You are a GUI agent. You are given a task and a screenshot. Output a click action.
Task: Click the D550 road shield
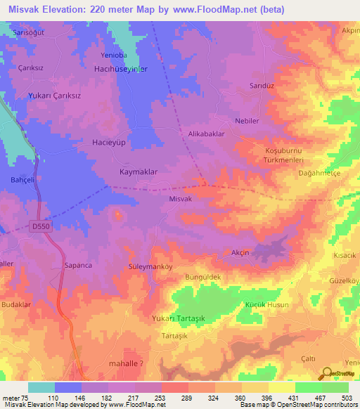(x=41, y=226)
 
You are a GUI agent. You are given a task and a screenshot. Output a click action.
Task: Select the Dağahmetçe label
(x=321, y=172)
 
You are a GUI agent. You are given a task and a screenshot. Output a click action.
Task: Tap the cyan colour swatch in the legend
(x=41, y=387)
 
